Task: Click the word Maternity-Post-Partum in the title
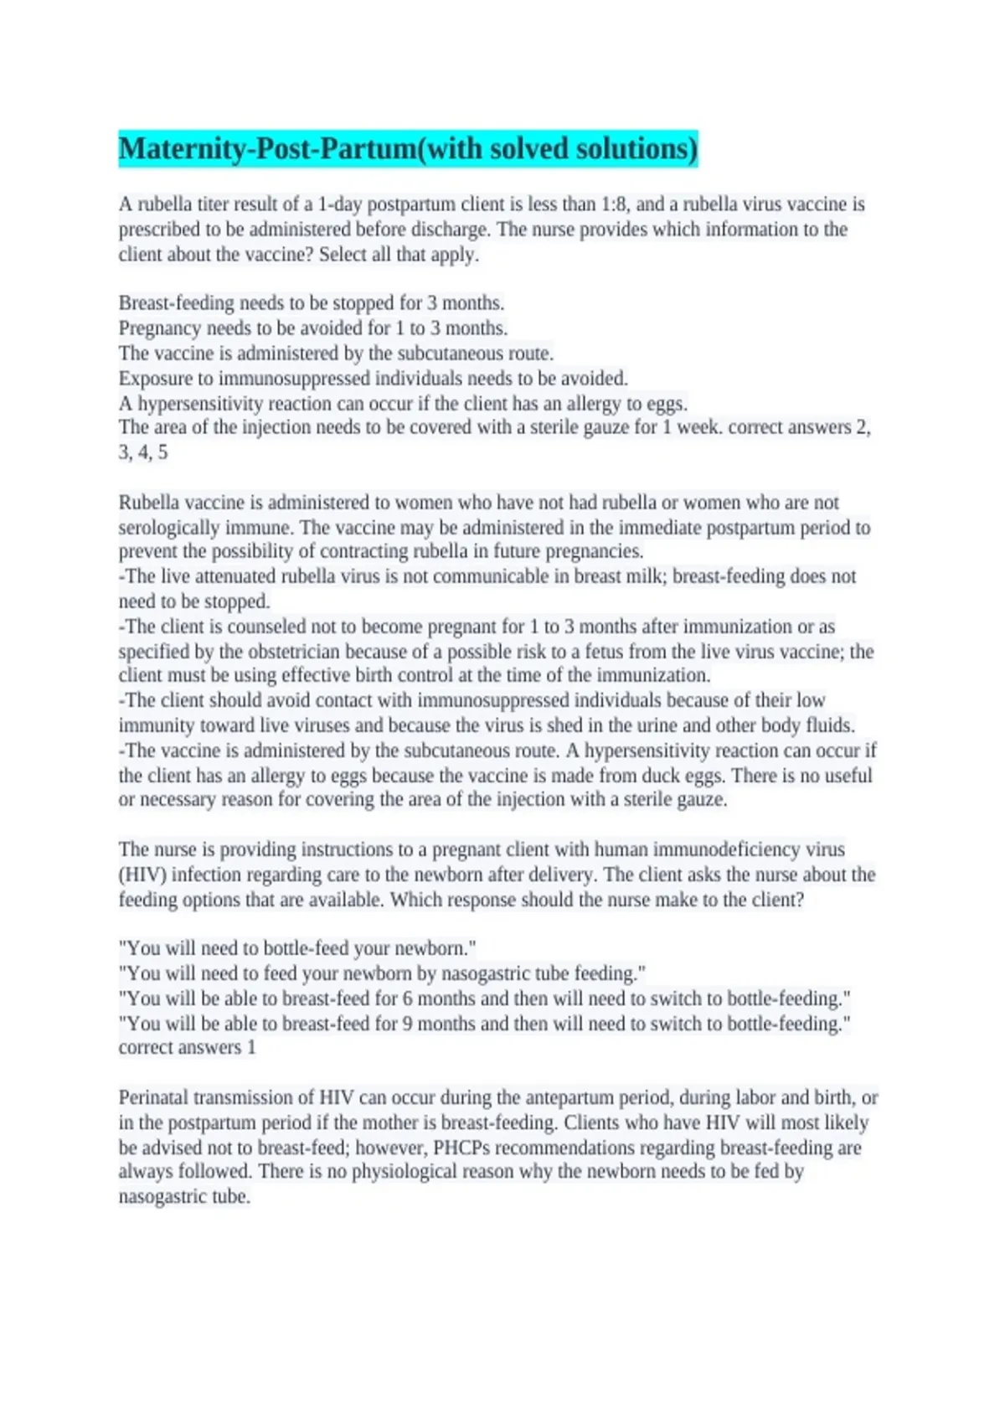coord(267,149)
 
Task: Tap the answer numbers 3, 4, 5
coord(143,452)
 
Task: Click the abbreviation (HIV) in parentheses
coord(142,875)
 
